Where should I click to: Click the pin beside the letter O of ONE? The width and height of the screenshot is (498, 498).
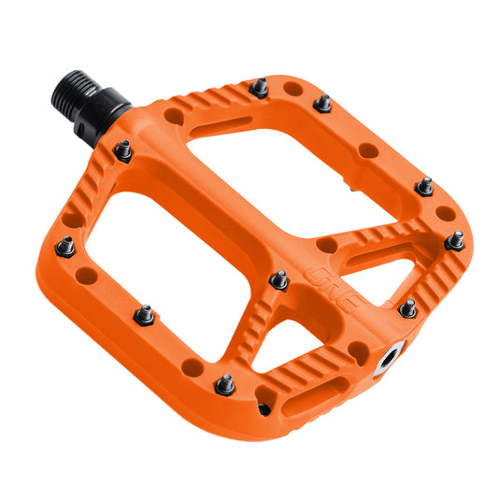278,278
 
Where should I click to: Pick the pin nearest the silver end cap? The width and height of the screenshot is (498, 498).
407,307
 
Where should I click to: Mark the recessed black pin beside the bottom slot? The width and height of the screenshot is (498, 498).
264,408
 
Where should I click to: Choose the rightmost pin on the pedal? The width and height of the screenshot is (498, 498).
455,240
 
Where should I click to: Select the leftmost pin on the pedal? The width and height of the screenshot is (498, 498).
64,246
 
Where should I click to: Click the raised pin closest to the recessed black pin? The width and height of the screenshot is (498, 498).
225,383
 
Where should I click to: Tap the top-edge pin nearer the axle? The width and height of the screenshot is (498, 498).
260,88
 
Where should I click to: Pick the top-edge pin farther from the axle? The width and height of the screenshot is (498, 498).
322,103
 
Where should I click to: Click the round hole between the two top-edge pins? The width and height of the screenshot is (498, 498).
293,91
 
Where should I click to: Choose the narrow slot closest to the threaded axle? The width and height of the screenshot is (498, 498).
219,121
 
